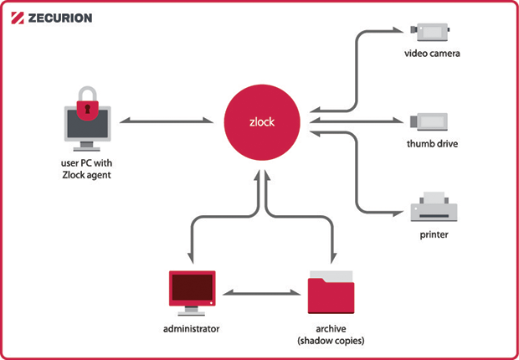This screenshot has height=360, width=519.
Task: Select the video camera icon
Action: (433, 32)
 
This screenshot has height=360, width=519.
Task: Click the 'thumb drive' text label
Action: (433, 144)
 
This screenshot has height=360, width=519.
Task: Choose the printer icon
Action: (433, 208)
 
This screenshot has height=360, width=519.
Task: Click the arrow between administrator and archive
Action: (260, 295)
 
